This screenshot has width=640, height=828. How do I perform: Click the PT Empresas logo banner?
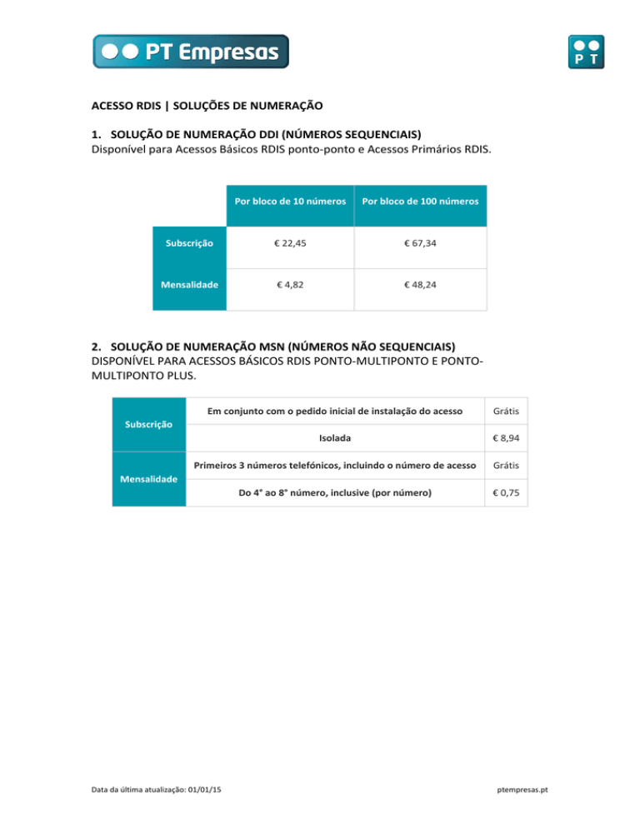191,51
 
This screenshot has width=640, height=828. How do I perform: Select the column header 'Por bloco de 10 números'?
289,201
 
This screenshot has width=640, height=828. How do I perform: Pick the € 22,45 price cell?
289,244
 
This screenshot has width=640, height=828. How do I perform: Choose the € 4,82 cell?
289,284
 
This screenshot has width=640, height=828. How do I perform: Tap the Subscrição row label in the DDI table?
189,244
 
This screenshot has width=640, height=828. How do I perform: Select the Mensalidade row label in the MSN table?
149,479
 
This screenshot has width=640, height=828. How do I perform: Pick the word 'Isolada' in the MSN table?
334,436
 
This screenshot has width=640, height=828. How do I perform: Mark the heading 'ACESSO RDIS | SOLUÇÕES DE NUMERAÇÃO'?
206,106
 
